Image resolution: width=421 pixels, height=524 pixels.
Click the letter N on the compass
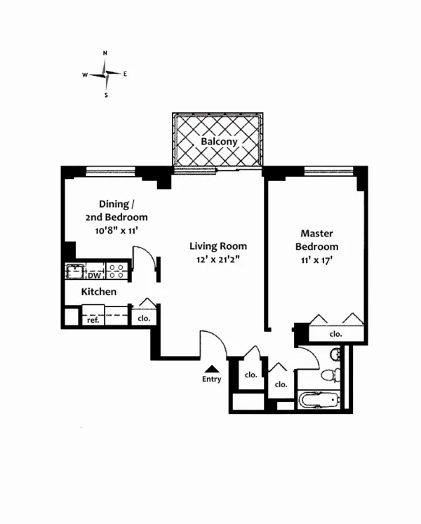click(105, 53)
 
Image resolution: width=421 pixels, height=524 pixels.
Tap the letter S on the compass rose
click(106, 95)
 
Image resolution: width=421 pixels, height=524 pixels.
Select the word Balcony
click(219, 141)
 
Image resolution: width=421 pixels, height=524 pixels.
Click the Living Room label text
click(218, 246)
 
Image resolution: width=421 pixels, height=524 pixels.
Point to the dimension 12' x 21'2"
click(218, 260)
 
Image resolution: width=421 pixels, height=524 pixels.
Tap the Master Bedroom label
click(316, 240)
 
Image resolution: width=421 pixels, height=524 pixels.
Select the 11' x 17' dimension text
click(316, 261)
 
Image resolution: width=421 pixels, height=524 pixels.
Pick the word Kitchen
click(99, 291)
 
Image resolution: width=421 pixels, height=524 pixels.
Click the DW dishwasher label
click(94, 276)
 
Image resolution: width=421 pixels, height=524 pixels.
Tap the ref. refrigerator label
click(92, 319)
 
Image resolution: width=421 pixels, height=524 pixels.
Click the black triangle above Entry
click(211, 368)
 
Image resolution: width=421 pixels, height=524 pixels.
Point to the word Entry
click(211, 379)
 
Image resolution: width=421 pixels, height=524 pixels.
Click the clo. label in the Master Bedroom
click(336, 334)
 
